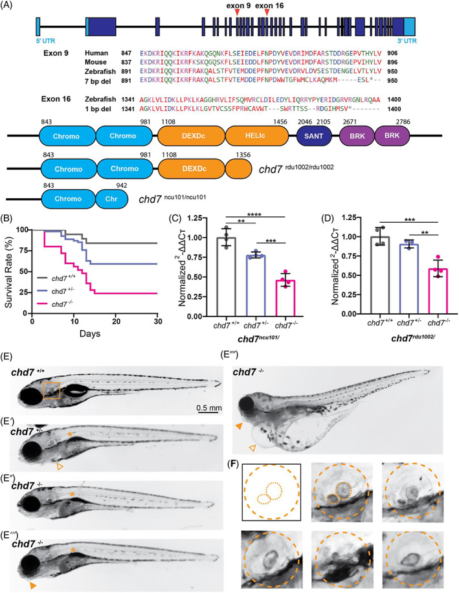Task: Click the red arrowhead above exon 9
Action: click(x=240, y=13)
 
